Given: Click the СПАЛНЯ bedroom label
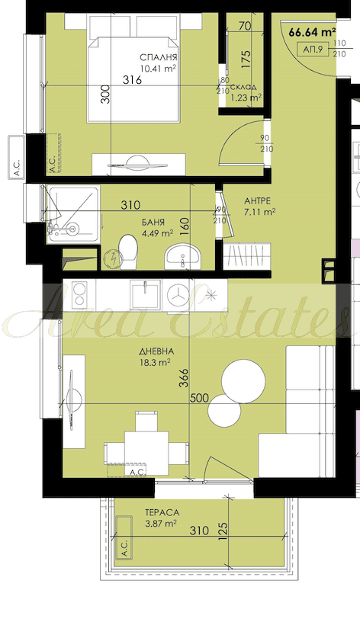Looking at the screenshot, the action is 158,58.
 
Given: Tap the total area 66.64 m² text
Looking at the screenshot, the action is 313,32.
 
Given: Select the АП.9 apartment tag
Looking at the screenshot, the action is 313,50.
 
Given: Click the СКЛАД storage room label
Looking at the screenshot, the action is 243,87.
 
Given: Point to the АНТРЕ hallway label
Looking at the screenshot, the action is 257,200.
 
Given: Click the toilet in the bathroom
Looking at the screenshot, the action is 128,251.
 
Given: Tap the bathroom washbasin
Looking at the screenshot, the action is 182,256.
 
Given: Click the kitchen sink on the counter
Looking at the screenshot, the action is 146,295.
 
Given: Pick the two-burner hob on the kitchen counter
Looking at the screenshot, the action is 79,295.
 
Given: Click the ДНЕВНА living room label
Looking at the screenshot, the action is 156,351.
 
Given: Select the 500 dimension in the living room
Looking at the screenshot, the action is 199,398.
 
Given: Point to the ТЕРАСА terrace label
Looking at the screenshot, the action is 162,513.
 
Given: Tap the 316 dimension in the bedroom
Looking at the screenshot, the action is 132,80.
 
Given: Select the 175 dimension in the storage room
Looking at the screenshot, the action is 246,59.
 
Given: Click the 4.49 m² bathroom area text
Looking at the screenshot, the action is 158,233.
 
